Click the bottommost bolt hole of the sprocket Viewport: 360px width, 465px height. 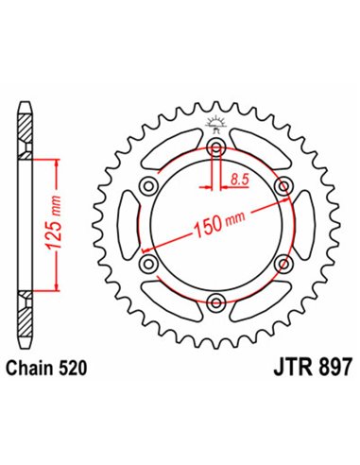pyautogui.click(x=216, y=301)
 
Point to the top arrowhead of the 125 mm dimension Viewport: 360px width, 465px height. pyautogui.click(x=60, y=163)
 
